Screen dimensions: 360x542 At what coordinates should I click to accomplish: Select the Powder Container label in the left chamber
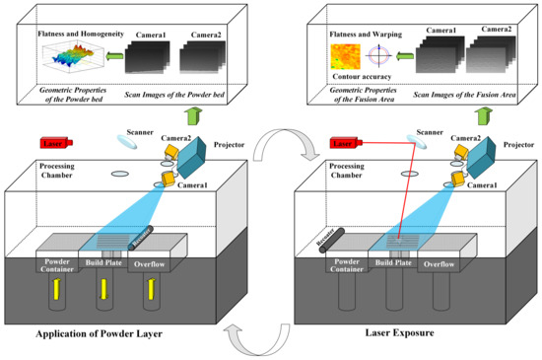[x=55, y=265]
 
